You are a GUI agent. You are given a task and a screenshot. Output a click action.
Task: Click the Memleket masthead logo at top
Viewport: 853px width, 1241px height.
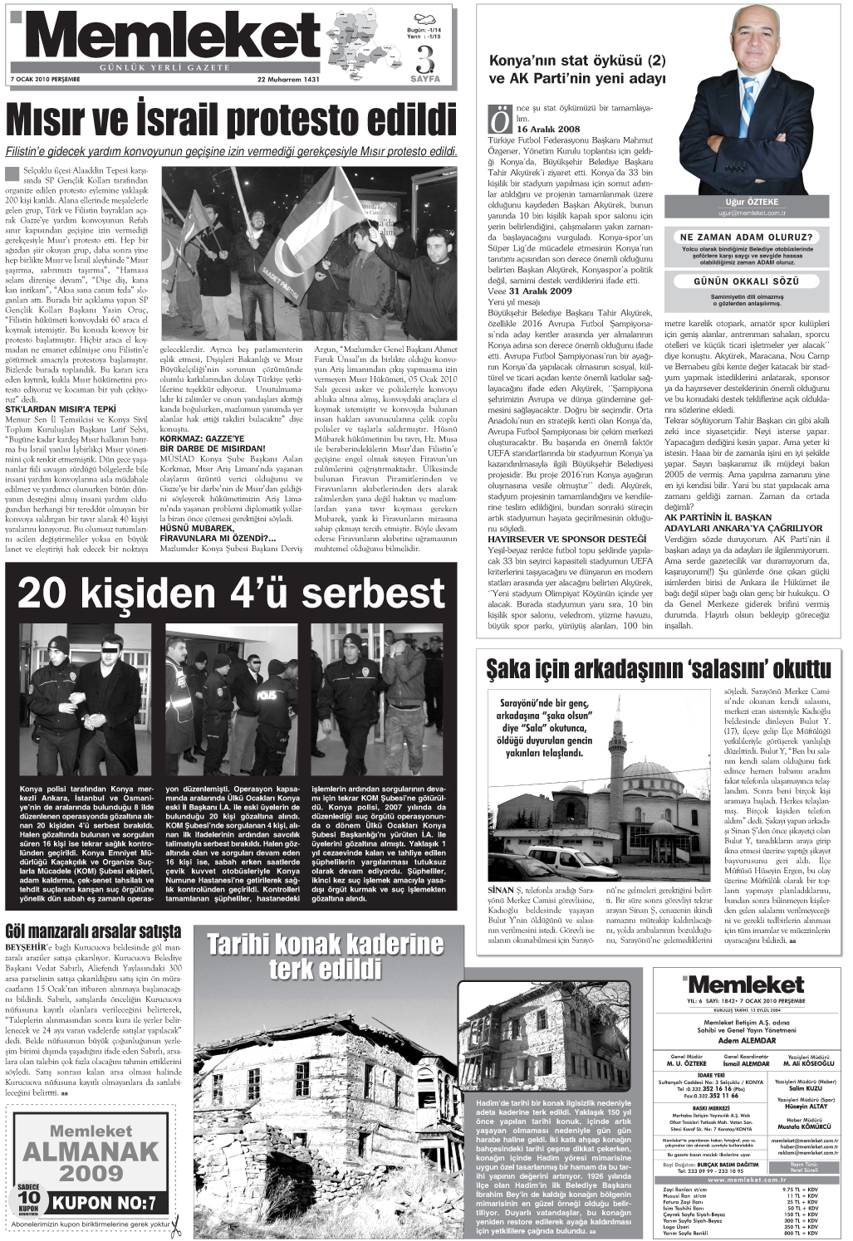click(x=166, y=37)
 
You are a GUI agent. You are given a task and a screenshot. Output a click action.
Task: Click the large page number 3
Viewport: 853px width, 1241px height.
click(x=425, y=59)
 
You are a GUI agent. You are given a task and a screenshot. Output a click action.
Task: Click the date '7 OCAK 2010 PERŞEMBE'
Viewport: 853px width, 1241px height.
click(x=45, y=81)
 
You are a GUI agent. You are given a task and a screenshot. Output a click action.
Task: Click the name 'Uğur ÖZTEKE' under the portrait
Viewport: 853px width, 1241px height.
click(x=752, y=202)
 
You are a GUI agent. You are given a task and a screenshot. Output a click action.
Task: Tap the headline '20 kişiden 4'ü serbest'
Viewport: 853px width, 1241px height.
click(x=231, y=594)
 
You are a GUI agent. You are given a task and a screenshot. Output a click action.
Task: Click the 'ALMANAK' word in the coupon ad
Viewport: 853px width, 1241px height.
click(x=91, y=1151)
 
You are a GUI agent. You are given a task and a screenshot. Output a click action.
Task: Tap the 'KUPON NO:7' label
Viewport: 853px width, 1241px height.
click(x=104, y=1203)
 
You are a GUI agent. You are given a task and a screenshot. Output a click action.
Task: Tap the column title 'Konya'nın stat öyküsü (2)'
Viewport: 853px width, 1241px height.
click(x=577, y=61)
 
